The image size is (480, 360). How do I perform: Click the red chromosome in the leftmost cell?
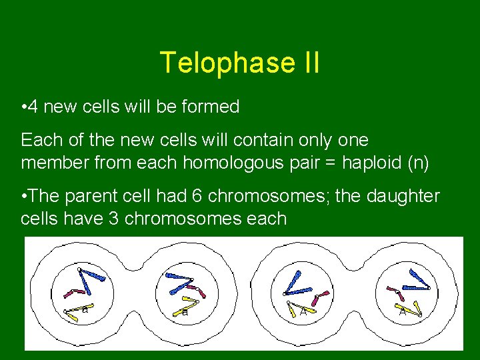[x=69, y=292]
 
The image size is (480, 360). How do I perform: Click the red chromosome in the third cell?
[x=321, y=295]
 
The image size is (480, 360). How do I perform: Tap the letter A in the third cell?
[x=303, y=311]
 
